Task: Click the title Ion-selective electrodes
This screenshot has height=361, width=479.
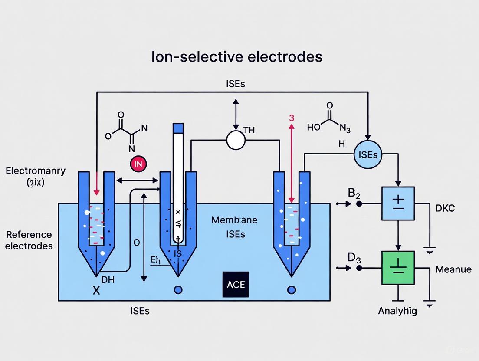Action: [x=236, y=56]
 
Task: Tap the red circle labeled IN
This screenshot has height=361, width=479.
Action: [x=138, y=164]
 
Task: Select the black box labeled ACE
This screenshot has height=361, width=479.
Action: [x=236, y=285]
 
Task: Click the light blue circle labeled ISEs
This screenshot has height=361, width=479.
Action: [x=368, y=154]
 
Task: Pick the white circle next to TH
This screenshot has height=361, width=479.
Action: [x=236, y=140]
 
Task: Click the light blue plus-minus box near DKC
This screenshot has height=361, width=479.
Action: [x=398, y=203]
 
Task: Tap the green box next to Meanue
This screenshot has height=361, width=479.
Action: [x=398, y=268]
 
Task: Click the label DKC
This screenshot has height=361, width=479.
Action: [x=445, y=208]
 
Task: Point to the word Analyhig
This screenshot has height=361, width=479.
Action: [x=397, y=311]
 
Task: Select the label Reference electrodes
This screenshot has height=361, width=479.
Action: [x=30, y=240]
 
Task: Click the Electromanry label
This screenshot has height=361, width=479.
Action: [x=36, y=171]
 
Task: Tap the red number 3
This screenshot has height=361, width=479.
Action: [x=292, y=118]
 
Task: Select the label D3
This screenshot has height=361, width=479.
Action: [x=354, y=258]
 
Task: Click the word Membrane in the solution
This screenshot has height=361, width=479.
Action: [x=234, y=220]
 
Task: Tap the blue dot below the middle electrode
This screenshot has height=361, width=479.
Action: [x=178, y=290]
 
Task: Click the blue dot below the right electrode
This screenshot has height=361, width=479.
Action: [x=292, y=290]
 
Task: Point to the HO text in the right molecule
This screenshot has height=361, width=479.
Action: [x=313, y=127]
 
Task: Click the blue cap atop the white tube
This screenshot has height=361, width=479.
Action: [x=178, y=128]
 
